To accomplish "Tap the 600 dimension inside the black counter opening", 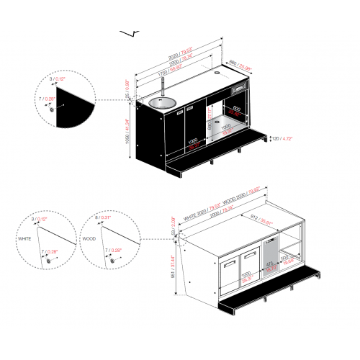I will [x=236, y=108].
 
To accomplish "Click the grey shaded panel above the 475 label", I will [x=270, y=253].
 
